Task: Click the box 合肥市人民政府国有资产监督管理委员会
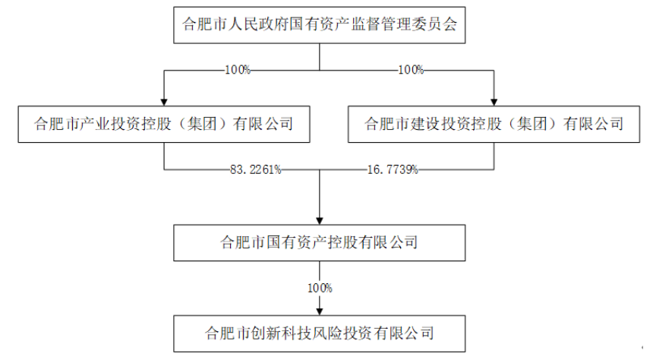(x=319, y=25)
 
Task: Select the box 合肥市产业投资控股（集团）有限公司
(x=164, y=125)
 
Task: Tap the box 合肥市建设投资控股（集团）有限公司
(x=494, y=125)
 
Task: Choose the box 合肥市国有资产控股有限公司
(x=319, y=243)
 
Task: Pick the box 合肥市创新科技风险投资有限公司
(x=319, y=333)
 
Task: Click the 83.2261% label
(x=256, y=169)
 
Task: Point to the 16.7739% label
(x=393, y=169)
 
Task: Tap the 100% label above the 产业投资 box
(x=238, y=70)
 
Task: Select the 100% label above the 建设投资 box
(x=411, y=70)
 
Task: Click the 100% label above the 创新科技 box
(x=320, y=288)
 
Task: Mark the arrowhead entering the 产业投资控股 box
(x=164, y=103)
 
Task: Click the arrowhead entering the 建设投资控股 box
(x=494, y=103)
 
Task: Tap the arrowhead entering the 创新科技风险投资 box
(x=320, y=312)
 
